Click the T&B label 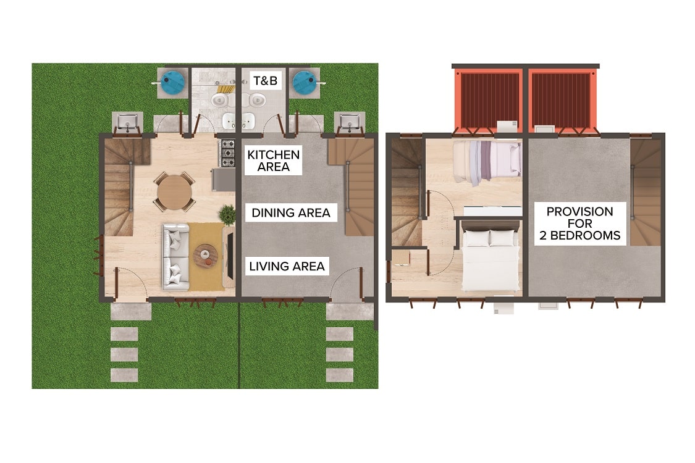click(266, 81)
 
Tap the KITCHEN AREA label click(274, 161)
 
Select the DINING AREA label click(291, 212)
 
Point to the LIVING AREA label click(287, 266)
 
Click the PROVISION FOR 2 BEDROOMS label click(579, 223)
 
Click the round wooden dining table click(175, 192)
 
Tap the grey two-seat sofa click(176, 257)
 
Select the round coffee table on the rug click(206, 256)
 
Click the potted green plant click(227, 214)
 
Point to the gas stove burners click(228, 153)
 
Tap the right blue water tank click(305, 81)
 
